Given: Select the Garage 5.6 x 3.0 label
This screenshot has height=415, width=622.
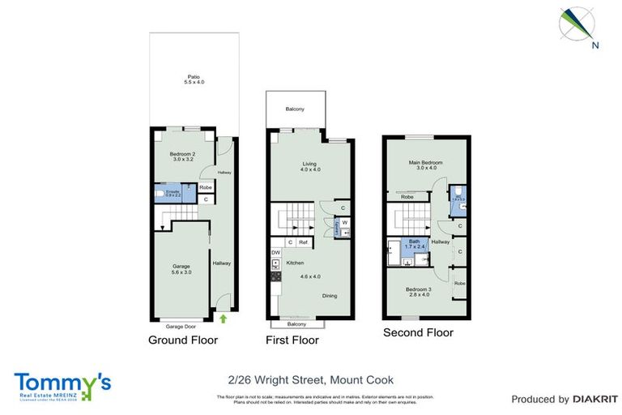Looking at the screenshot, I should (x=180, y=268).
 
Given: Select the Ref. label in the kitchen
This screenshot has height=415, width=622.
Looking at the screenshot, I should (x=304, y=242).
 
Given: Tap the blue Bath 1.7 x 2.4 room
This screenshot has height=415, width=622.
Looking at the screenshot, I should (x=415, y=243).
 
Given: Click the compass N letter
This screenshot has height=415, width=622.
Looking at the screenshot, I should (x=595, y=45).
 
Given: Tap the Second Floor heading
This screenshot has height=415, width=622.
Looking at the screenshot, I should (x=418, y=333).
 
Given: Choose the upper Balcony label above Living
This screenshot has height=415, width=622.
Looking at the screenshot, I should (x=295, y=109).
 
